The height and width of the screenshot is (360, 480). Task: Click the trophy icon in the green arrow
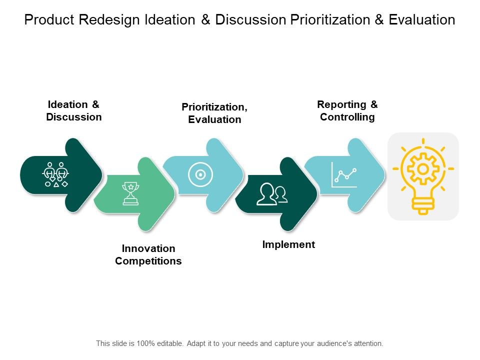(x=130, y=194)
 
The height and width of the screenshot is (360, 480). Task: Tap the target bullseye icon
(x=200, y=174)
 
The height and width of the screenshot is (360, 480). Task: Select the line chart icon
(x=344, y=175)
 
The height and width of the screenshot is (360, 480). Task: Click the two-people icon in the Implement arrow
(x=272, y=194)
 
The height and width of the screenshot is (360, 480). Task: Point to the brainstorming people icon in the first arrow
(x=55, y=174)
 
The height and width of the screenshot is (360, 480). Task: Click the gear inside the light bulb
(x=423, y=169)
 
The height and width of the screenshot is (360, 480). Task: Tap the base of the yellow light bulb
(x=423, y=204)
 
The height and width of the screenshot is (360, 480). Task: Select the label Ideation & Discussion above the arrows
(x=74, y=110)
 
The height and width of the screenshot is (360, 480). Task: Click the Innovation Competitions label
(x=148, y=254)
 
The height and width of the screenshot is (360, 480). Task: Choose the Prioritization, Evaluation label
(x=214, y=113)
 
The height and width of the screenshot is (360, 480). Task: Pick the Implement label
(x=288, y=244)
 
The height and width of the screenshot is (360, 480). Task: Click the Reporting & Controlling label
(x=347, y=110)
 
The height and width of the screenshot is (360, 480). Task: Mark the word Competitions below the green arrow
(x=148, y=261)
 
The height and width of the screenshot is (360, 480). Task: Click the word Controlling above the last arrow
(x=347, y=117)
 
